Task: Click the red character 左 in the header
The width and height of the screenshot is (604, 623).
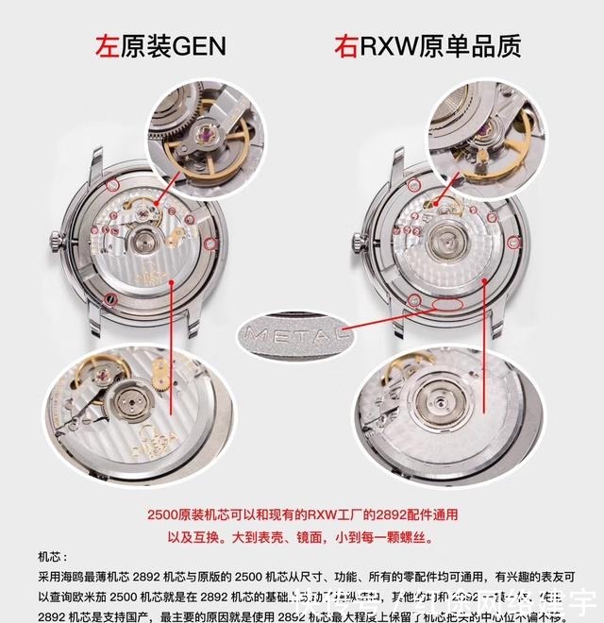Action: point(107,45)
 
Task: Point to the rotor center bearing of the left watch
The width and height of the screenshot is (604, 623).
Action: point(144,243)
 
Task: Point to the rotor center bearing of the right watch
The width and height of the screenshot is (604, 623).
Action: point(443,244)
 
